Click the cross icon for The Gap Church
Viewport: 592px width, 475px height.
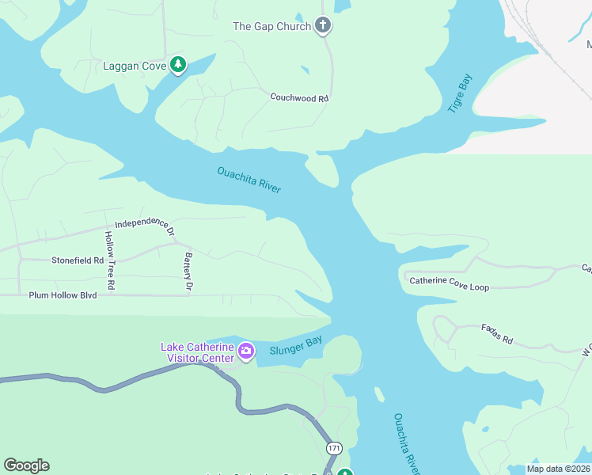click(x=322, y=26)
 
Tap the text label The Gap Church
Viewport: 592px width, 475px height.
click(x=271, y=26)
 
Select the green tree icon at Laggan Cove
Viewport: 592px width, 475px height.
click(x=179, y=65)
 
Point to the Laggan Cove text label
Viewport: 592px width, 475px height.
click(x=135, y=66)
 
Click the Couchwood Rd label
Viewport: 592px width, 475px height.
click(x=298, y=98)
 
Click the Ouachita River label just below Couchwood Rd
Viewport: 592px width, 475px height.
click(x=249, y=180)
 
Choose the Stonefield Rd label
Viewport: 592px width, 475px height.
click(x=78, y=260)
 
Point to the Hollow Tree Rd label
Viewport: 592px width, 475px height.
click(x=109, y=260)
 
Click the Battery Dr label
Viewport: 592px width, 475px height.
click(x=188, y=270)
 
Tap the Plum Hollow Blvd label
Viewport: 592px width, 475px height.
click(x=63, y=295)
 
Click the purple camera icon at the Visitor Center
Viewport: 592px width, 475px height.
click(x=246, y=350)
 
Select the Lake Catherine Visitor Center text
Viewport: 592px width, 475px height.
click(x=197, y=352)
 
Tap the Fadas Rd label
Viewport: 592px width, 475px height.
click(x=496, y=334)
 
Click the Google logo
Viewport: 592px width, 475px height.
click(x=26, y=465)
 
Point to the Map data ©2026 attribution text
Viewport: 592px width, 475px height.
click(x=557, y=469)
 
